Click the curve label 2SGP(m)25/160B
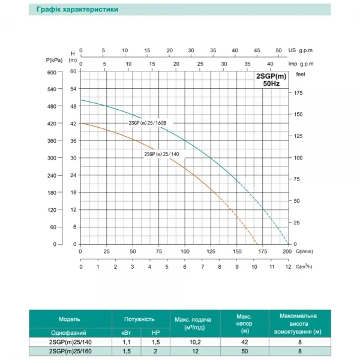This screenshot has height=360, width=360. [151, 123]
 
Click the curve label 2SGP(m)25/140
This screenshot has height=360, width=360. [162, 154]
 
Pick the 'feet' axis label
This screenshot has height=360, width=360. [301, 74]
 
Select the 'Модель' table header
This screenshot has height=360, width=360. [69, 319]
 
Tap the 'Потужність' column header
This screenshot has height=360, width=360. [139, 319]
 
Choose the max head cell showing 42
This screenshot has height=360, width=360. [244, 342]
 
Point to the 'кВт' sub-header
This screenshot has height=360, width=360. [125, 332]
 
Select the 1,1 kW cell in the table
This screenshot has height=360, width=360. [125, 342]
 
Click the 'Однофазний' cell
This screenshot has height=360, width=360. [69, 332]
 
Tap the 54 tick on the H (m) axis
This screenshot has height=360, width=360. [74, 89]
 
